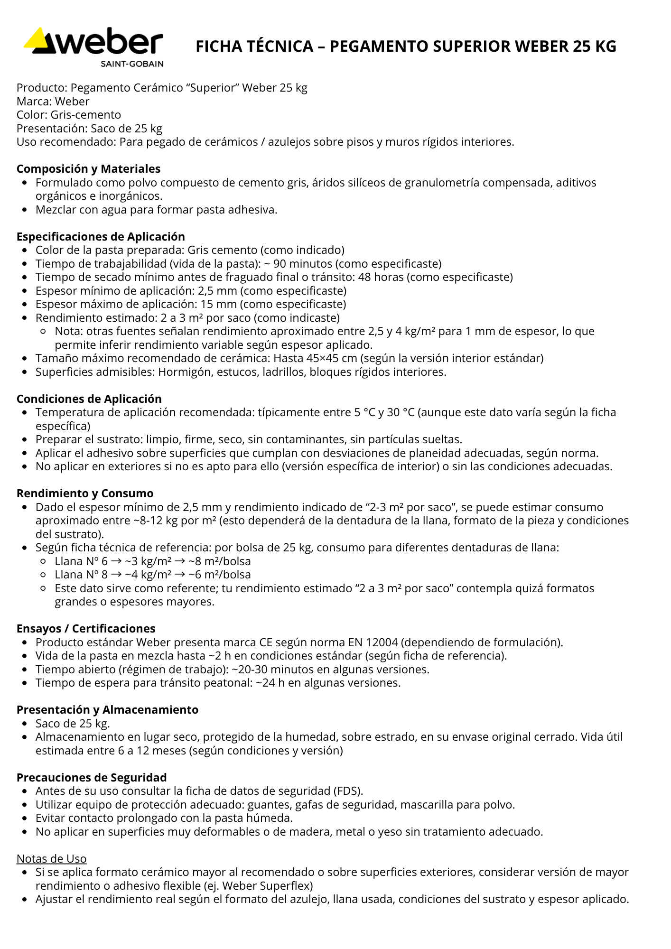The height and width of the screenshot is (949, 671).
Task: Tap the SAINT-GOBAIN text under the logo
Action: tap(131, 64)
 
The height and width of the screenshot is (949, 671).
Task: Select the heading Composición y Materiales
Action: tap(88, 169)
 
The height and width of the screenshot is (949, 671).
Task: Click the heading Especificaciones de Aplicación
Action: tap(101, 237)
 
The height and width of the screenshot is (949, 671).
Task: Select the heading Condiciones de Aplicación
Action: tap(89, 399)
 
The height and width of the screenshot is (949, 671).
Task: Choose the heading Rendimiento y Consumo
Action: tap(85, 493)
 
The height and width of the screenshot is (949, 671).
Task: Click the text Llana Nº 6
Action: tap(81, 561)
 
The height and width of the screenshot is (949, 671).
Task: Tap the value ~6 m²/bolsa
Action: tap(220, 575)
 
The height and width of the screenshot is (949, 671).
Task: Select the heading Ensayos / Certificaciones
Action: tap(86, 629)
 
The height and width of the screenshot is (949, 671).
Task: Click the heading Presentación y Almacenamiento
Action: tap(107, 710)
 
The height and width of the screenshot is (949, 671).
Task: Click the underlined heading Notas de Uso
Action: tap(51, 859)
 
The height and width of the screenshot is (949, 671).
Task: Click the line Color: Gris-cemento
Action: tap(69, 115)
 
